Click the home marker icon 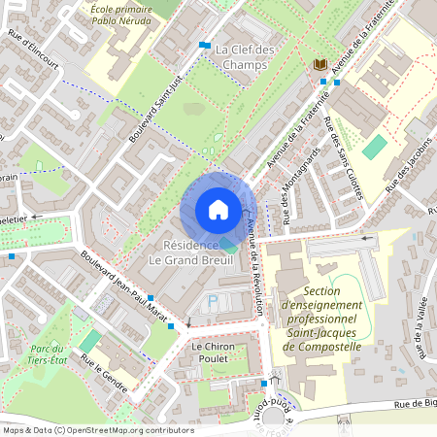point(218,210)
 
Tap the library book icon point(319,64)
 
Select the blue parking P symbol point(214,303)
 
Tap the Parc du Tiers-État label point(46,354)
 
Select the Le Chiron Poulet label point(215,353)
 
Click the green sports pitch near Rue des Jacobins point(374,149)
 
